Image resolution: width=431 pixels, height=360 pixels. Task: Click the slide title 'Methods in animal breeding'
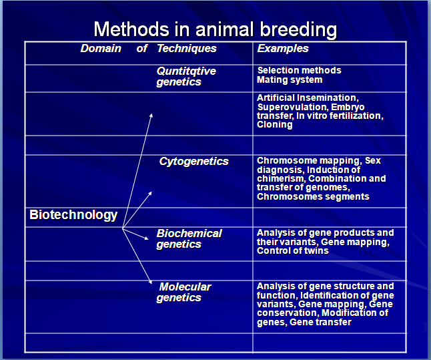215,30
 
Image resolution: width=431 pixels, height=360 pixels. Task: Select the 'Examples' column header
283,49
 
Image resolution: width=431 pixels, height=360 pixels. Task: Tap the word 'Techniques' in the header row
187,49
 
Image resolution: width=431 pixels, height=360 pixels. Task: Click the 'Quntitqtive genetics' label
186,77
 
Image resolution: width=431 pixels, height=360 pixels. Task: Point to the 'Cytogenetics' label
193,162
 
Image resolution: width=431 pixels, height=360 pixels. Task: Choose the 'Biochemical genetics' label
189,239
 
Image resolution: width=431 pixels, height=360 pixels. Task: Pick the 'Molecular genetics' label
183,293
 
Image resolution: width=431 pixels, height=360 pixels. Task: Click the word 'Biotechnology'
73,215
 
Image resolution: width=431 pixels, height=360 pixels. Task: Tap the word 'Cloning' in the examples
275,125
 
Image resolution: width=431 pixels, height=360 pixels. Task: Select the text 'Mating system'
290,80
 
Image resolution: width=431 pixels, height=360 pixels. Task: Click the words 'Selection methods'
300,70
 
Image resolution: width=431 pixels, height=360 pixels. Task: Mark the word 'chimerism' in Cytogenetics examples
281,178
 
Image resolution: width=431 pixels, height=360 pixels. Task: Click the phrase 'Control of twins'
293,250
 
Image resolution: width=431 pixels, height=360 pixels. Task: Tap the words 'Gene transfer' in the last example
320,323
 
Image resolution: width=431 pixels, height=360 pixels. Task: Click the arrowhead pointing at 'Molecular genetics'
150,282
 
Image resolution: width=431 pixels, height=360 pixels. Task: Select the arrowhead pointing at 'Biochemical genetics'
147,238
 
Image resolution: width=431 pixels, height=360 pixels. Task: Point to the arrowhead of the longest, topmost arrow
151,116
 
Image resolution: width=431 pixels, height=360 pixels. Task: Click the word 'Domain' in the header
101,49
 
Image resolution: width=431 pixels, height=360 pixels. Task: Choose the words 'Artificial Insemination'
306,98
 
